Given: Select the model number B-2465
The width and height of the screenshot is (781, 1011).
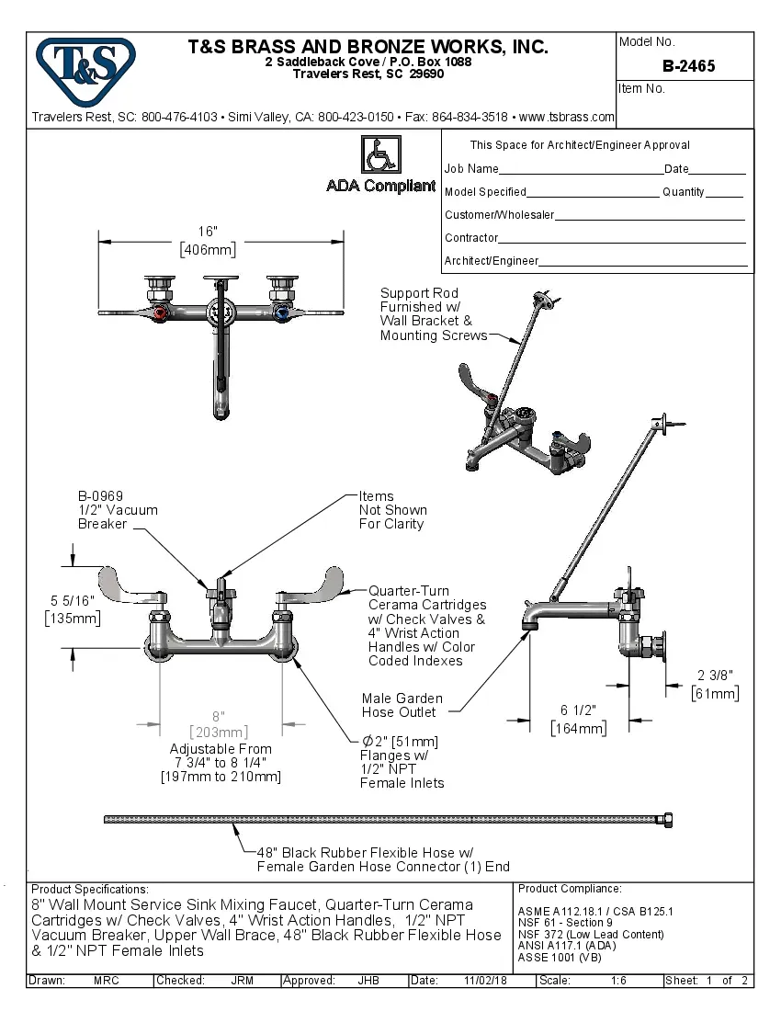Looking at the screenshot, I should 688,66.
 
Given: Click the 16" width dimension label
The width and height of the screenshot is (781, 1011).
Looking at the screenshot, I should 208,232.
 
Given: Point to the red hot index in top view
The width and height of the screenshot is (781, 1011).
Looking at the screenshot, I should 163,314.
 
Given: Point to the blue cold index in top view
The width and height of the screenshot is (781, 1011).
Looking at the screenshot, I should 281,314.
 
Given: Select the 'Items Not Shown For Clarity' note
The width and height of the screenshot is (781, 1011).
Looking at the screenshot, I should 392,510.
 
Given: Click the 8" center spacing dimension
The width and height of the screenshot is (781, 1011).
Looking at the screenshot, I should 219,716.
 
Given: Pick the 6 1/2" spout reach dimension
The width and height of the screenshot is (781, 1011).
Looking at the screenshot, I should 579,710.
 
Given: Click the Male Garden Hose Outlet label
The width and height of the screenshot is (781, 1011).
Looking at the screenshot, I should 402,705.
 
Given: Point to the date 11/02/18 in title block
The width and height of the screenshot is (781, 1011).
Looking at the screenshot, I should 486,981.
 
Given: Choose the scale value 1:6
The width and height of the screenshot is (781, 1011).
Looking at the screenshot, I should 618,981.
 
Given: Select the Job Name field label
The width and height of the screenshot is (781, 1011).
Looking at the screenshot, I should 471,169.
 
